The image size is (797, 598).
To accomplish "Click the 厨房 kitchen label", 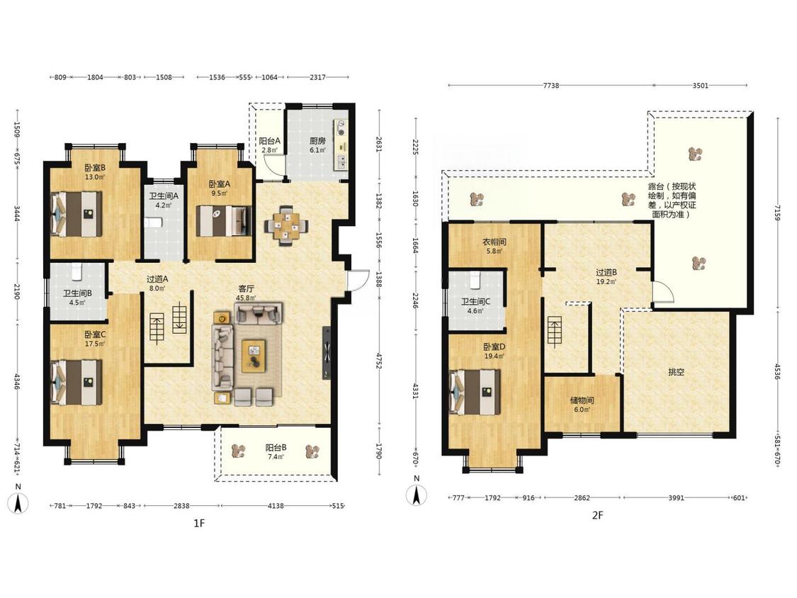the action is (317, 141).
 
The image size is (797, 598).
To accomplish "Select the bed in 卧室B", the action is (77, 213).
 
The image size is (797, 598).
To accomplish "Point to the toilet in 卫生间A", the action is (153, 222).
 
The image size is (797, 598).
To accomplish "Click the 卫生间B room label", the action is (77, 293).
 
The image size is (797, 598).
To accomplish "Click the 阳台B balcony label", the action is (276, 448).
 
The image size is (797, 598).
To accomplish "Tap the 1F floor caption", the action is (199, 523).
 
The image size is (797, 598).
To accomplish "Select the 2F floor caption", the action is (597, 515).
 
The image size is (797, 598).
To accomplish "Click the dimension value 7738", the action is (551, 86).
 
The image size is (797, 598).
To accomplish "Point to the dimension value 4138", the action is (276, 506).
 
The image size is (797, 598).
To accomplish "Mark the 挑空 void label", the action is (676, 372).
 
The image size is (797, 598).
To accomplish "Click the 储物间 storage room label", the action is (582, 400).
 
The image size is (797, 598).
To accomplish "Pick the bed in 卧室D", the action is (475, 392).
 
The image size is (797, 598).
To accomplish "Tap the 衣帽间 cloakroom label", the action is (494, 242).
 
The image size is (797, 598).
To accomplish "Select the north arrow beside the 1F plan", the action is (19, 504).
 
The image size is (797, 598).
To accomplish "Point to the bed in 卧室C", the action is (77, 383).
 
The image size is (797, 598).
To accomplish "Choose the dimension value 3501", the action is (701, 86).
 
